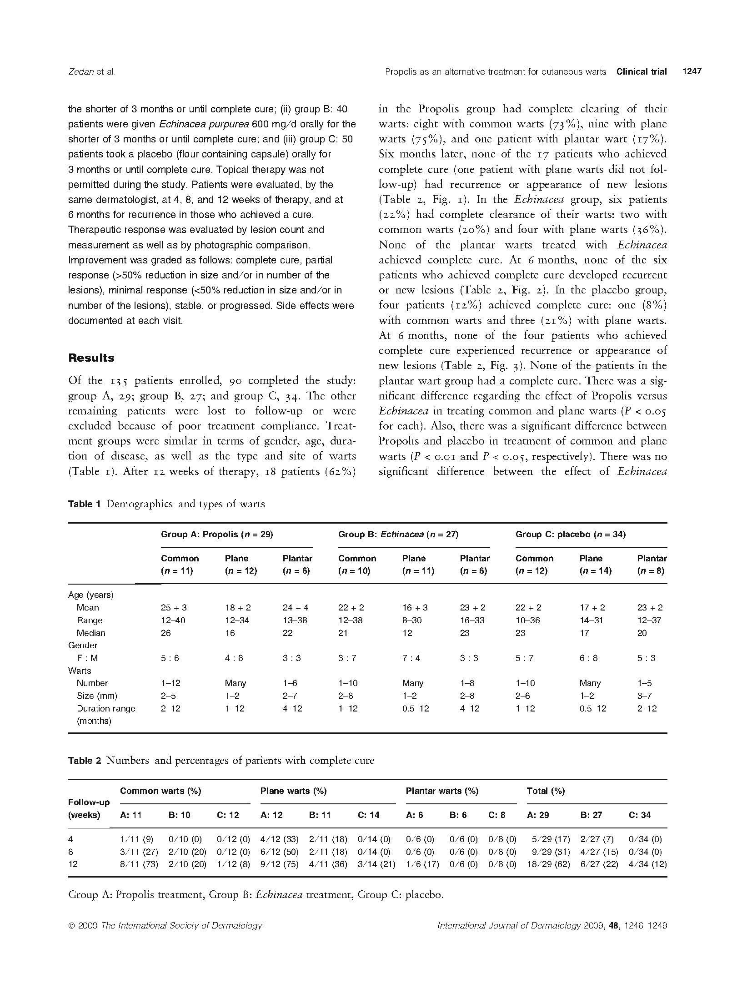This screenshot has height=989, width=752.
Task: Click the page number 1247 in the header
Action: click(692, 71)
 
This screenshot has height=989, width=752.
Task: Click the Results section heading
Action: click(91, 358)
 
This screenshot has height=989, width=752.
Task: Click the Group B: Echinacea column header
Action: click(398, 535)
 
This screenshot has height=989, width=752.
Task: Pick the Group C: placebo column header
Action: click(570, 535)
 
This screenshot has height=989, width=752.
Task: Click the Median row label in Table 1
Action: click(91, 633)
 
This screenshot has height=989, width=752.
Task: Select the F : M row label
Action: click(87, 658)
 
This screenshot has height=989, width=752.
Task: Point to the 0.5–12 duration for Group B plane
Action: click(416, 708)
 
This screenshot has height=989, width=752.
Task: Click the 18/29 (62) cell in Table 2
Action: click(548, 864)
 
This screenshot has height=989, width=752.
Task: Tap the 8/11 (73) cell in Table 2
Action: click(139, 864)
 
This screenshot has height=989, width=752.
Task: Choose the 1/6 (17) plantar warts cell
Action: click(422, 864)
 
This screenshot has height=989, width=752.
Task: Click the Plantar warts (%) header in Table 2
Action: click(442, 791)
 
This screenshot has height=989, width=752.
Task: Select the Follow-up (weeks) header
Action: click(89, 808)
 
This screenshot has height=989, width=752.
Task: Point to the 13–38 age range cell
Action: click(295, 620)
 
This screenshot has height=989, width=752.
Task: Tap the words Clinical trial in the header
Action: click(642, 71)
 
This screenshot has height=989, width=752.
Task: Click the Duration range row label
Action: click(106, 708)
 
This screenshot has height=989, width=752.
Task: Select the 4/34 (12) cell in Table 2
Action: click(647, 864)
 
